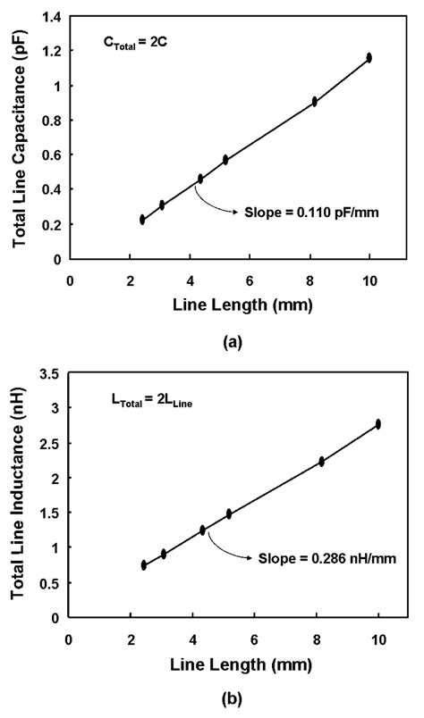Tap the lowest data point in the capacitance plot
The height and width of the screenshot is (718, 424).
click(x=142, y=220)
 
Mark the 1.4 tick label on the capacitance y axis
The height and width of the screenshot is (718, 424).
click(x=51, y=17)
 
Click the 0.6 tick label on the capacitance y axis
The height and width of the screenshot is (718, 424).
click(x=51, y=155)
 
